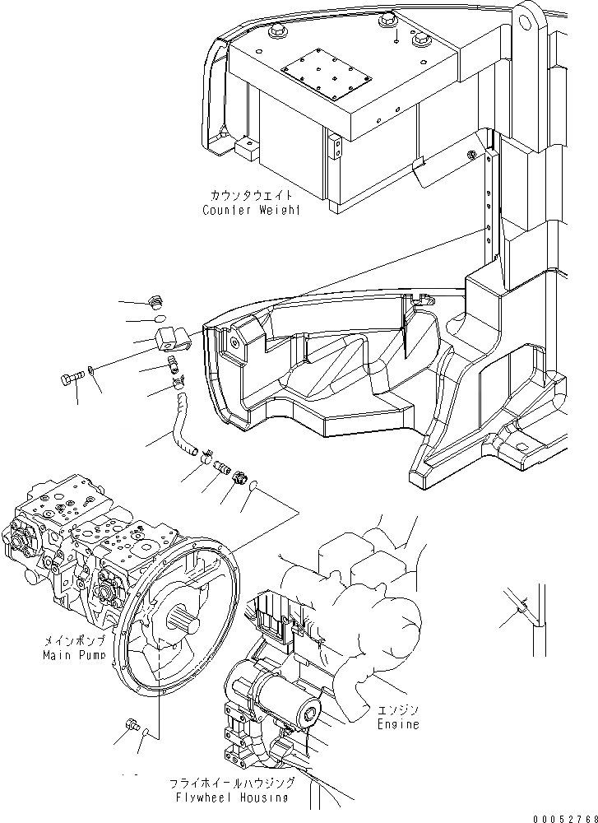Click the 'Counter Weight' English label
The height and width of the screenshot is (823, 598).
(251, 210)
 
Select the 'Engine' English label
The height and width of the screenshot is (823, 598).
(398, 724)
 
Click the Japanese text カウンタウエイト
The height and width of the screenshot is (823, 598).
(249, 197)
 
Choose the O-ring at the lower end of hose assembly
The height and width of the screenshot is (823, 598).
(257, 486)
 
